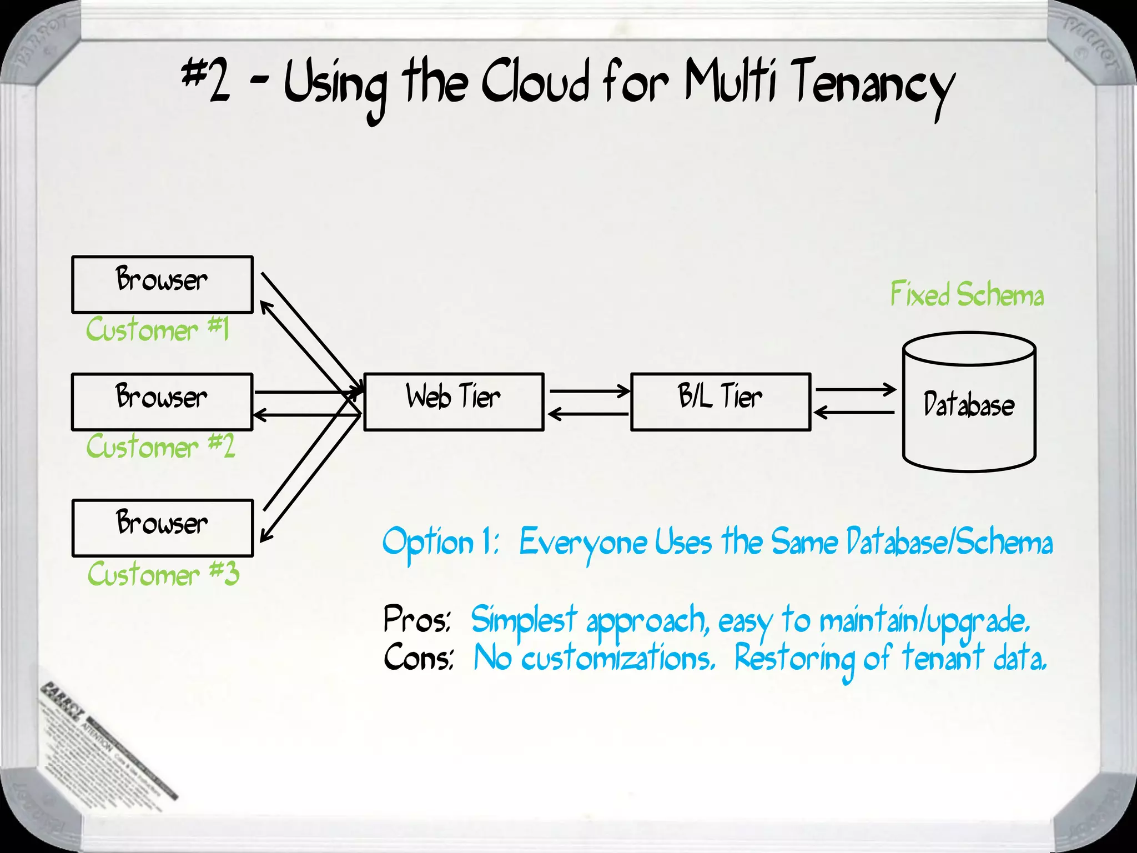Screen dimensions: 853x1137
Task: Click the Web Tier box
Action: [454, 402]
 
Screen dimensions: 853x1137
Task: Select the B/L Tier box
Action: [721, 402]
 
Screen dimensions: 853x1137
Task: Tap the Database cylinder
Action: [969, 403]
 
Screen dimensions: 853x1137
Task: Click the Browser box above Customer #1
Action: [162, 284]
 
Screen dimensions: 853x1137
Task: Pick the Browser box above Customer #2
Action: [162, 402]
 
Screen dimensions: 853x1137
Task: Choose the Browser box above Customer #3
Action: [162, 528]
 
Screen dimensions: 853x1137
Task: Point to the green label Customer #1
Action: [158, 330]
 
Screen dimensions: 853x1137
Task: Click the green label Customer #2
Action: [160, 446]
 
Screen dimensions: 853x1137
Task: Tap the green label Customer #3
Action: [163, 574]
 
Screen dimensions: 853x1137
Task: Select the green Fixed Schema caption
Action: [967, 294]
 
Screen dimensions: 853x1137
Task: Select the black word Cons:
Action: [419, 658]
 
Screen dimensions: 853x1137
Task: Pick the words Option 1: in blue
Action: [440, 543]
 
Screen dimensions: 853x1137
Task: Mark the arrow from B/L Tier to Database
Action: [855, 390]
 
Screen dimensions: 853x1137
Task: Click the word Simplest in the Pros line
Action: [524, 620]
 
